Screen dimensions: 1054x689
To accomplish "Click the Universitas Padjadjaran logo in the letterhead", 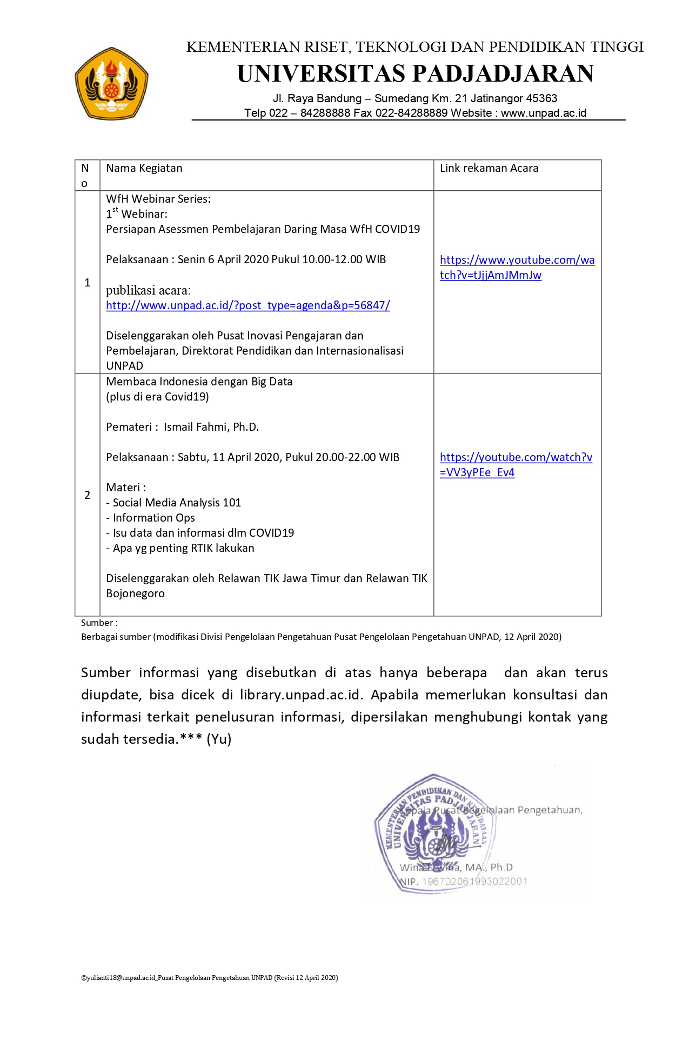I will click(x=111, y=83).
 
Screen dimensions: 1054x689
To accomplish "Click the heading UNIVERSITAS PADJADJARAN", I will click(x=415, y=74).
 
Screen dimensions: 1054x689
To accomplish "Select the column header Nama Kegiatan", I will click(x=144, y=168).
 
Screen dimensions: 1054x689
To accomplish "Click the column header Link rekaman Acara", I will click(x=489, y=168).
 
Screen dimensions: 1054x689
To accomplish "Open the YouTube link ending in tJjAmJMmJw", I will click(x=517, y=268).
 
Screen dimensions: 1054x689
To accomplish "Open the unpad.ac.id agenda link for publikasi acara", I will click(x=247, y=305).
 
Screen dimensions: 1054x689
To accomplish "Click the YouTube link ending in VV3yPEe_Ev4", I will click(x=516, y=465).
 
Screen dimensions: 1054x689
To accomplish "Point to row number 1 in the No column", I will click(x=88, y=283).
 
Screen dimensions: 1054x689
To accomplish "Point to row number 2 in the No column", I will click(x=88, y=495).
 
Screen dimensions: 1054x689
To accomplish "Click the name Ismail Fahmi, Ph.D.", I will click(x=211, y=427).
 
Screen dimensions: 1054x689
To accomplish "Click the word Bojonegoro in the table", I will click(x=135, y=593).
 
